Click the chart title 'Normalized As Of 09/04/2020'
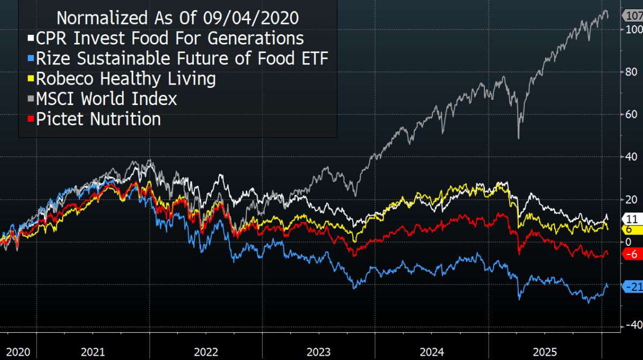click(x=177, y=18)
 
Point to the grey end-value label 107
click(x=633, y=16)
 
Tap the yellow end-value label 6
click(x=629, y=229)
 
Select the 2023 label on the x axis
click(x=319, y=352)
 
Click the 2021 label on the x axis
click(x=93, y=352)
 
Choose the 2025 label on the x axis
click(x=545, y=352)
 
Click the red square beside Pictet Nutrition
click(x=31, y=119)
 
